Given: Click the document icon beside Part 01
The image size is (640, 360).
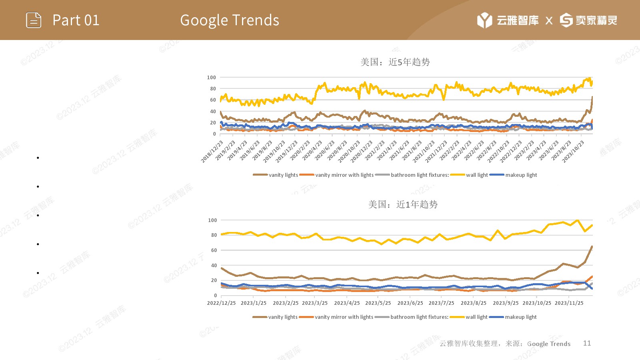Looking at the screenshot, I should (x=34, y=20).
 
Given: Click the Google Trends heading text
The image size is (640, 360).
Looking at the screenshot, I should (x=230, y=20).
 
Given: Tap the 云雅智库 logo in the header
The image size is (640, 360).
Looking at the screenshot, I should (x=508, y=20).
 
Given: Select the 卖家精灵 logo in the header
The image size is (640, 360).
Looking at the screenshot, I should (x=588, y=20).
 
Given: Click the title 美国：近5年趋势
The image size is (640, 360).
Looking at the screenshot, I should (x=395, y=62).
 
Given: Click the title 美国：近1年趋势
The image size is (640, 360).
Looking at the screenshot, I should (x=403, y=204).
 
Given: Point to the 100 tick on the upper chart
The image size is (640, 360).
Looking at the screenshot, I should (x=212, y=77).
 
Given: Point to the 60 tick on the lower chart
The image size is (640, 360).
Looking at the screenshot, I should (x=214, y=250).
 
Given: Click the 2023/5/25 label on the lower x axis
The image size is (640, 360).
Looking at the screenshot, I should (x=378, y=303).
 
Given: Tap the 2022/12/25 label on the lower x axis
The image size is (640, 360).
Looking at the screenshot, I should (x=221, y=303).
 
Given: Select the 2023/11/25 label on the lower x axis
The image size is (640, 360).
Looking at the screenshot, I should (x=569, y=303).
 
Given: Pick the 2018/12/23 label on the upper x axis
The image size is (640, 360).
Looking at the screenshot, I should (x=212, y=152).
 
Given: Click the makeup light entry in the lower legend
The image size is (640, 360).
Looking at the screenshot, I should (x=520, y=317).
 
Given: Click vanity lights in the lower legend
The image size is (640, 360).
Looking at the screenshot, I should (x=282, y=317).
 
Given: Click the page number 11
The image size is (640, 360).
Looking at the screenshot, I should (x=587, y=343).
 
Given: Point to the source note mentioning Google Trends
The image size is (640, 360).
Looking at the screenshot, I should (x=505, y=344).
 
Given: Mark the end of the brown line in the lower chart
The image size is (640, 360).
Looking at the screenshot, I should (x=592, y=246).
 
